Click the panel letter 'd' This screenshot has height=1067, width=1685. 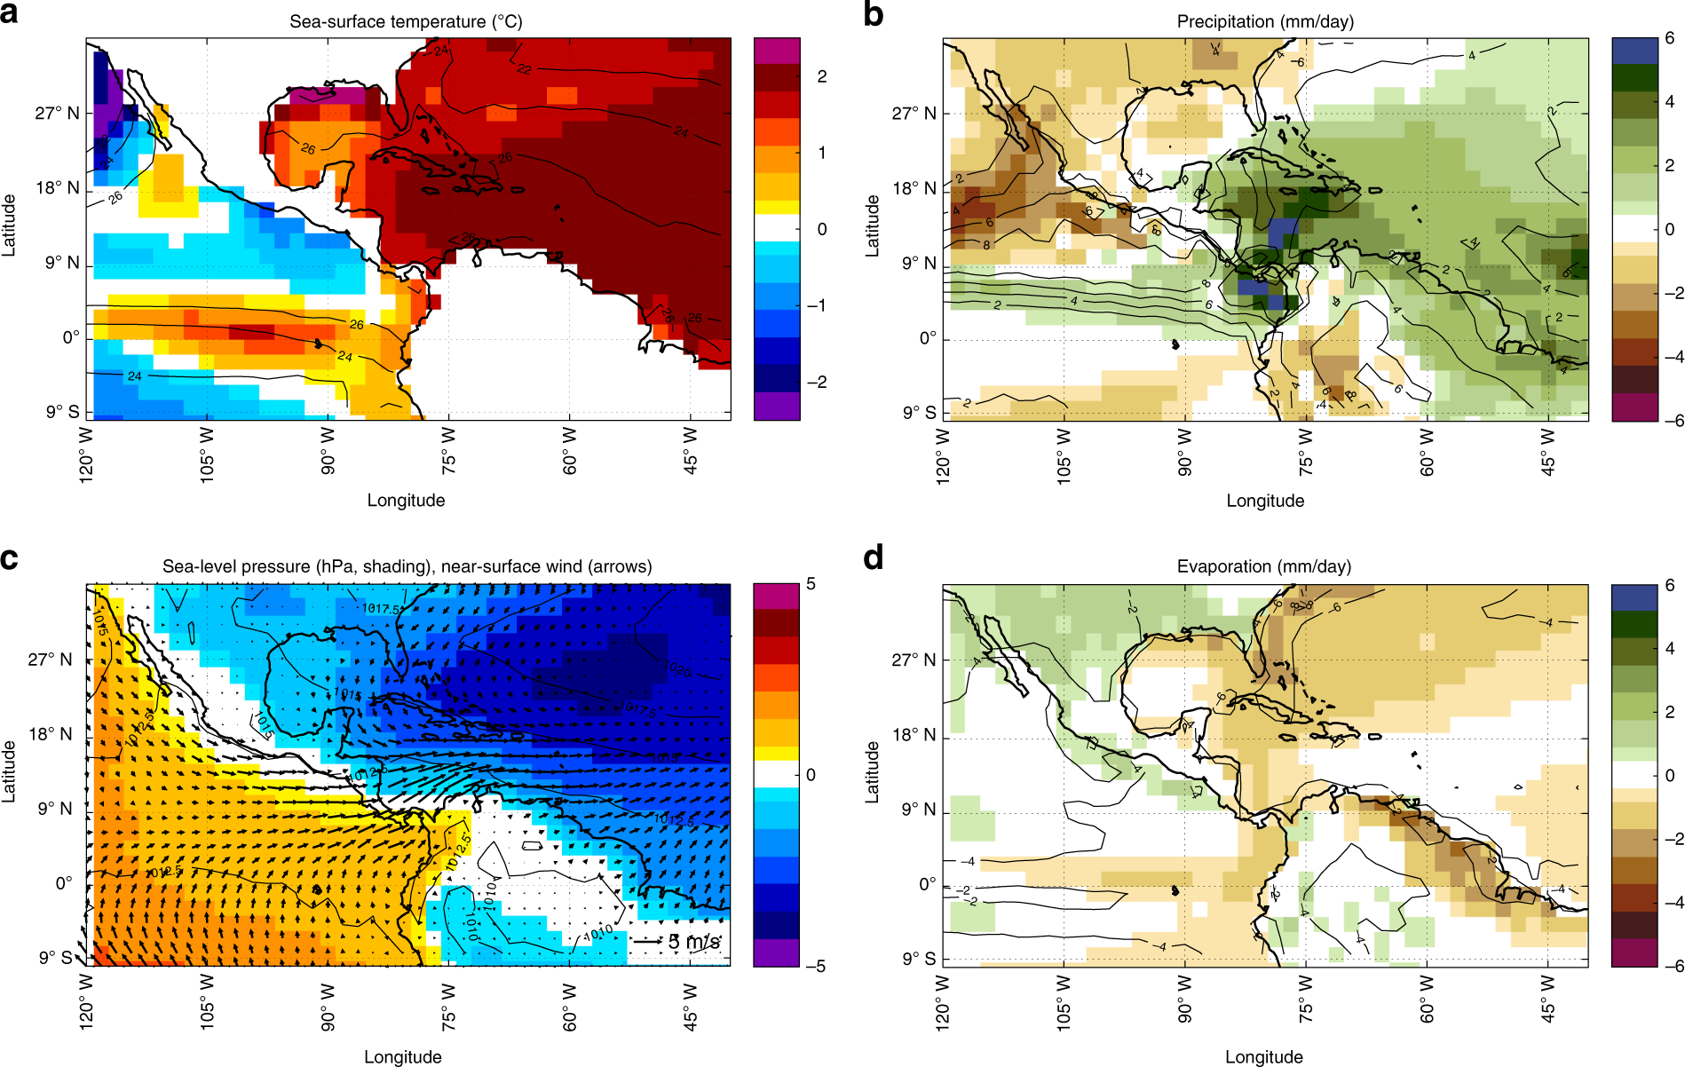coord(874,558)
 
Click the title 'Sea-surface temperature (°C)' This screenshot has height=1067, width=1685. coord(406,21)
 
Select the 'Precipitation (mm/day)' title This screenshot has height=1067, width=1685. coord(1265,21)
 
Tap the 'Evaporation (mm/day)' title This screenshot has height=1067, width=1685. coord(1263,566)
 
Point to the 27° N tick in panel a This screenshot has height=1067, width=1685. coord(57,113)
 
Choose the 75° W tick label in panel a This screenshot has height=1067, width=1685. coord(448,451)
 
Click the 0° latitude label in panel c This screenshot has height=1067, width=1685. coord(64,883)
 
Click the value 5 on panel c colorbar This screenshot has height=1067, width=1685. coord(811,584)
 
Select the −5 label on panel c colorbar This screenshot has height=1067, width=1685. coord(814,966)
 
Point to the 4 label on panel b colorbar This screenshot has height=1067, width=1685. coord(1669,102)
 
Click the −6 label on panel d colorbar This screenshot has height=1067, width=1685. coord(1673,966)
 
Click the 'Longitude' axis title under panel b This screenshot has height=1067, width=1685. coord(1265,501)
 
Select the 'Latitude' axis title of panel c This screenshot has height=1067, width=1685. coord(9,771)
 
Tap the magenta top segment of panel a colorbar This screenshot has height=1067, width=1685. coord(777,51)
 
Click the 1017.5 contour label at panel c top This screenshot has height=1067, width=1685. coord(380,609)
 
